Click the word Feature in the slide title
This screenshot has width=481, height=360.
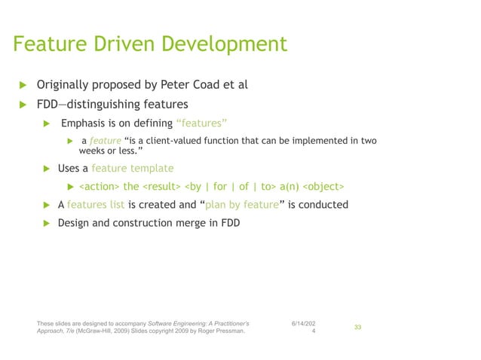point(47,44)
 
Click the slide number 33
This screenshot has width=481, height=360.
point(358,327)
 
